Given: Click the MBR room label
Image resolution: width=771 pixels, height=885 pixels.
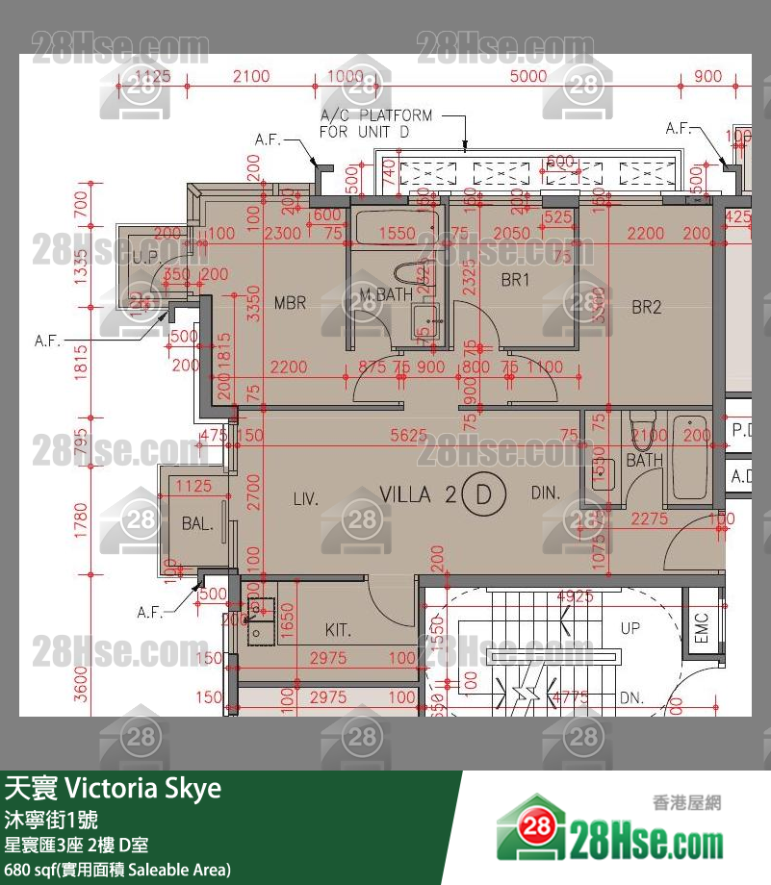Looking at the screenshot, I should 290,303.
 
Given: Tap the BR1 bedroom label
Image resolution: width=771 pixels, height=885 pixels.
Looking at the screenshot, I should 516,281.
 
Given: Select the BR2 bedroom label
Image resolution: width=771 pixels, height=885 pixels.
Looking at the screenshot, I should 647,308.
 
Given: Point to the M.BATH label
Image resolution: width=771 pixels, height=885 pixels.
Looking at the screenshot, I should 385,293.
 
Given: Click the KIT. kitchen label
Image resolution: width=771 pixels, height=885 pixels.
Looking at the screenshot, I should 338,631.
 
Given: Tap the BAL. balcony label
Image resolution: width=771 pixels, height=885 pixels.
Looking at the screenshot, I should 197,524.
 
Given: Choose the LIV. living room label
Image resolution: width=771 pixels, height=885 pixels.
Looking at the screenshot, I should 306,498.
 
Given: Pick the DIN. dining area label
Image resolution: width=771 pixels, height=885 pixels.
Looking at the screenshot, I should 545,493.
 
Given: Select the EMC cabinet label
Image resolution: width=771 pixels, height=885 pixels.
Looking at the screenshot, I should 701,628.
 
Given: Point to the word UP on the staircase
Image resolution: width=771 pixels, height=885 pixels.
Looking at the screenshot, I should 630,628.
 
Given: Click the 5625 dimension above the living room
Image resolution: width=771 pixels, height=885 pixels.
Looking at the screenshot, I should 408,436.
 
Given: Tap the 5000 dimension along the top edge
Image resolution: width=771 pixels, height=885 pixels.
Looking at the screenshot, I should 527,77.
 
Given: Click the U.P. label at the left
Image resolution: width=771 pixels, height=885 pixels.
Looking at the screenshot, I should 146,258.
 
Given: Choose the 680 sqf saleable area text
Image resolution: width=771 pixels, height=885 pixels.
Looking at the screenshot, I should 117,870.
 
